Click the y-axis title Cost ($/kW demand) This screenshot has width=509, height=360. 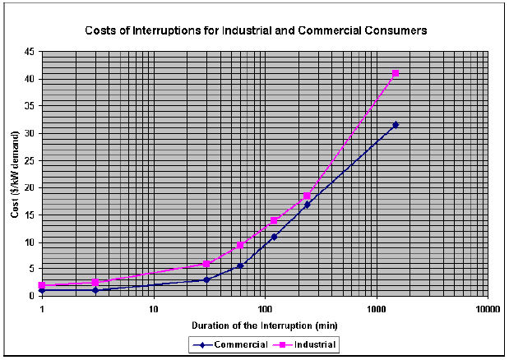(x=16, y=174)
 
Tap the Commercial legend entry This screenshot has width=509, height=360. (x=241, y=344)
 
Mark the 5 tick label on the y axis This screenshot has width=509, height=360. (x=31, y=269)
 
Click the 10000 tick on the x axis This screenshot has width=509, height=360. (x=488, y=310)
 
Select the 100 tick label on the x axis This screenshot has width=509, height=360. (x=265, y=310)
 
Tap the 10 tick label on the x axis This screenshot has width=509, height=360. (x=153, y=310)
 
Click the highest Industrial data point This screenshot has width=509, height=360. (x=396, y=73)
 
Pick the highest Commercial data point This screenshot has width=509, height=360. (x=396, y=125)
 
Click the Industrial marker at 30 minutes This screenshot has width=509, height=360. (x=206, y=264)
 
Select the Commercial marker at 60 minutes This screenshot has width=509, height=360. (x=240, y=265)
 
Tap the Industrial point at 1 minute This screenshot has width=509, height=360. (x=42, y=285)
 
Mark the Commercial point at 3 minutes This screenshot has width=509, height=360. (x=95, y=290)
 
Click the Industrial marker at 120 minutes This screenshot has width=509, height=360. (x=274, y=220)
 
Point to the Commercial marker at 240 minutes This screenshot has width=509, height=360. (x=308, y=205)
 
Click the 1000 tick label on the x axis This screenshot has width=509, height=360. (x=376, y=310)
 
